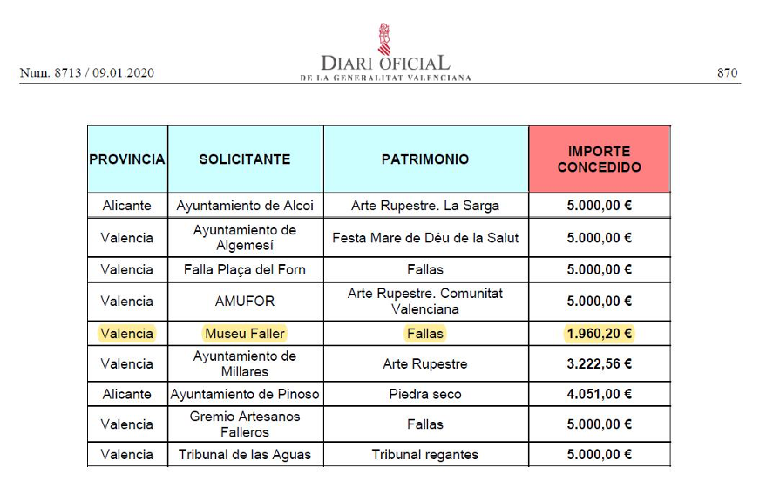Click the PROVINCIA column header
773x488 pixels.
(x=127, y=159)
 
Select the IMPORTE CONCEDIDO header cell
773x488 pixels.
(x=599, y=159)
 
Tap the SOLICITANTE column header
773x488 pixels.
(x=245, y=159)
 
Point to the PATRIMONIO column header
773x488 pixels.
(x=425, y=159)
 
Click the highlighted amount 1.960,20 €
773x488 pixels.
(x=599, y=333)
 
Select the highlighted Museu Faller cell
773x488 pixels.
(x=245, y=333)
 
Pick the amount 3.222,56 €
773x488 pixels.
(x=599, y=363)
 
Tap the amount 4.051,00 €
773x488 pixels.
(x=599, y=394)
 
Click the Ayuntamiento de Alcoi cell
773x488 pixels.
(x=245, y=206)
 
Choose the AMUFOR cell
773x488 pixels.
(x=245, y=302)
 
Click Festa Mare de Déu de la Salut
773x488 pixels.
(x=425, y=238)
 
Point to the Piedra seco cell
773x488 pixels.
(x=425, y=394)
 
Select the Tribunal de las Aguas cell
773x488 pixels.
(x=245, y=454)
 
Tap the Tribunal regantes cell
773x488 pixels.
(x=425, y=454)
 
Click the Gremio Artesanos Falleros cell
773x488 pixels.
(x=245, y=424)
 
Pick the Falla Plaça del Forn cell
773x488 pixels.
(x=245, y=269)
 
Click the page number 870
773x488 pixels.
(x=728, y=73)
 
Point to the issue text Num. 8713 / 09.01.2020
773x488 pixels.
(x=87, y=73)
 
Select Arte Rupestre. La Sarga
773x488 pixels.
(x=425, y=206)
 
